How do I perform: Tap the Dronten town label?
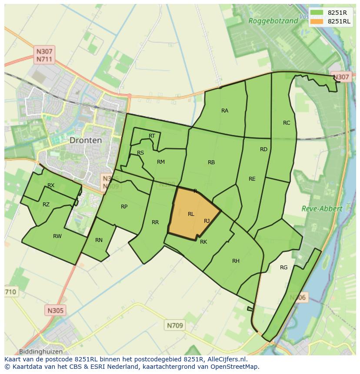click(86, 140)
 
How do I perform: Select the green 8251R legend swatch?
click(317, 12)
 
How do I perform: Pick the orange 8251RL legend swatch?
click(317, 21)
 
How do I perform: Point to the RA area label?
click(225, 111)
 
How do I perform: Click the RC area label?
click(287, 123)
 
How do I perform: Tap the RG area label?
click(284, 268)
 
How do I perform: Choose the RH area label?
click(236, 261)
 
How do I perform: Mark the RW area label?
click(57, 236)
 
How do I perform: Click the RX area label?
click(51, 185)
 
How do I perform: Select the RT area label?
click(152, 136)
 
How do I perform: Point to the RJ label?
click(207, 221)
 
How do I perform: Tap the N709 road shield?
click(175, 325)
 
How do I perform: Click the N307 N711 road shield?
click(44, 55)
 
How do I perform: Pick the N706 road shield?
click(298, 298)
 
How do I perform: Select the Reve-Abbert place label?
click(322, 209)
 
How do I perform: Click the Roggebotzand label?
click(273, 20)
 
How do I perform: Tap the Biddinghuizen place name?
click(41, 351)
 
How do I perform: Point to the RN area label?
click(99, 240)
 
